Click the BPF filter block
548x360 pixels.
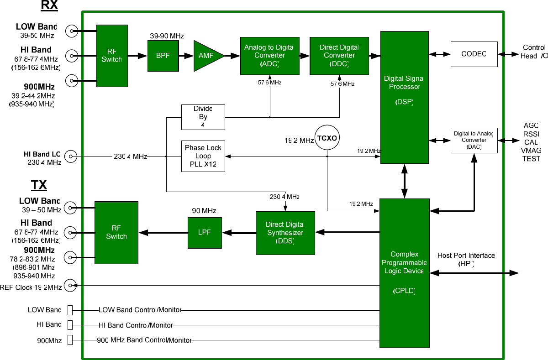pos(163,56)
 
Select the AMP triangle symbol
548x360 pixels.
pos(207,56)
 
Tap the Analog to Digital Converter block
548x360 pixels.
pos(270,56)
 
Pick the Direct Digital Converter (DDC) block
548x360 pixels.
pos(339,56)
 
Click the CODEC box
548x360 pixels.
pos(474,54)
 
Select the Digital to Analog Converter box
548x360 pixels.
pos(474,140)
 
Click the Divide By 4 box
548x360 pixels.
pos(203,117)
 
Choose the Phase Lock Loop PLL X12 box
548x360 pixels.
pos(203,156)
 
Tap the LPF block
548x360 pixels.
pos(204,233)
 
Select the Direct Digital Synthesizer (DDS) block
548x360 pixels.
pos(285,233)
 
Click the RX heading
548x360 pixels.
pos(49,5)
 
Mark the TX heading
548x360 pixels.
pos(39,185)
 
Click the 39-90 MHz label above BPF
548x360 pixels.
pos(167,36)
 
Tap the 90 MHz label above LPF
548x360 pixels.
pos(204,211)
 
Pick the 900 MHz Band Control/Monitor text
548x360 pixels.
pos(144,340)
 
